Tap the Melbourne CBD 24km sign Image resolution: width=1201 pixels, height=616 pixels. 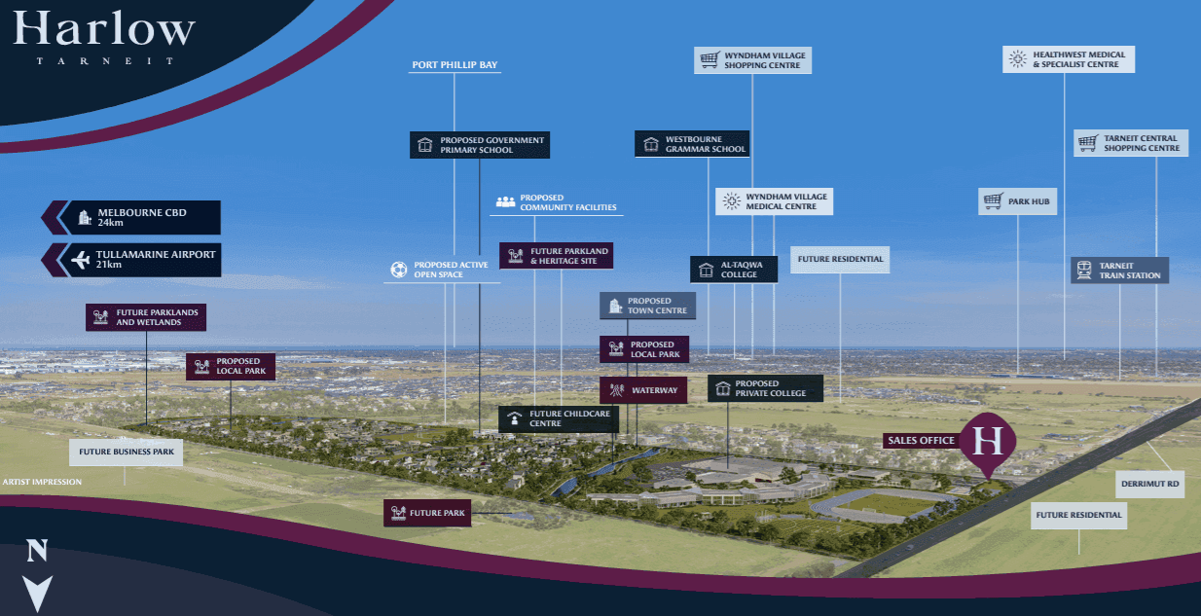tap(140, 217)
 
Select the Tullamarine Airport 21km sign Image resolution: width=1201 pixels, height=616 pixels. tap(140, 260)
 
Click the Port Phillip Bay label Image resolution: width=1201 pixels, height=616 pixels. tap(455, 65)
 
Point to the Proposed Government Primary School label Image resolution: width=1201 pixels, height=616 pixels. tap(480, 145)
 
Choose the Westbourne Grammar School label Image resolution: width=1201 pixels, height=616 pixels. tap(693, 144)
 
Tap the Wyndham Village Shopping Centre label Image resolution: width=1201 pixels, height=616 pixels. tap(752, 60)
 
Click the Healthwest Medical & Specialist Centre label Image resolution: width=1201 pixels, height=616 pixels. tap(1068, 59)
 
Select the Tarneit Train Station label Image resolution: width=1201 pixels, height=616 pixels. tap(1119, 270)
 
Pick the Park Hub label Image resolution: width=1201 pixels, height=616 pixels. tap(1017, 201)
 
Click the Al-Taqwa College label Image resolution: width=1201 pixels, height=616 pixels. tap(734, 269)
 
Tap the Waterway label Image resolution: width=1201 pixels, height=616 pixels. tap(643, 390)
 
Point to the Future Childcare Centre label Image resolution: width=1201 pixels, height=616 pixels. tap(559, 419)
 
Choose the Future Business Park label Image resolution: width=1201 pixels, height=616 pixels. tap(126, 452)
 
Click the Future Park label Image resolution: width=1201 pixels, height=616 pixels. tap(427, 513)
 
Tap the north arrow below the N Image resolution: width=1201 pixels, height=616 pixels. tap(37, 592)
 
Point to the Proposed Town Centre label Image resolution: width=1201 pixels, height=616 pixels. tap(647, 306)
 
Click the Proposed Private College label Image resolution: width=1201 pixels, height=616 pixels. tap(765, 388)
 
